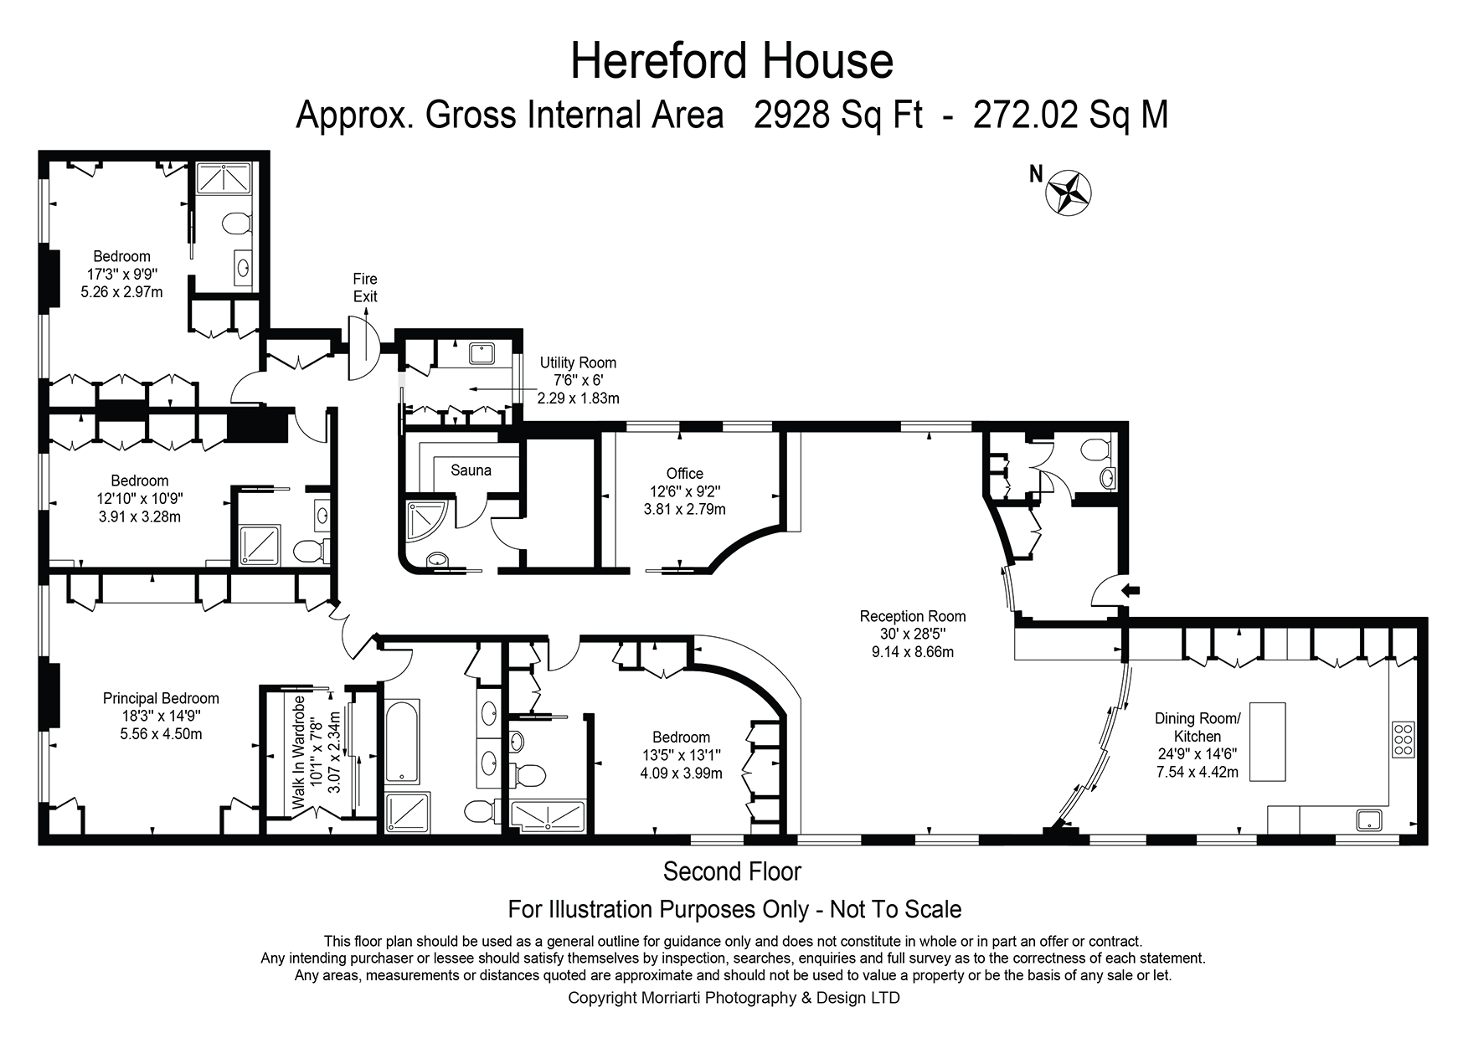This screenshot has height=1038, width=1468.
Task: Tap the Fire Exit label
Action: pyautogui.click(x=365, y=288)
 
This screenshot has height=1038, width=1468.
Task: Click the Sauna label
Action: pyautogui.click(x=471, y=470)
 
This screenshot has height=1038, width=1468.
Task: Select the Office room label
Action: pyautogui.click(x=684, y=474)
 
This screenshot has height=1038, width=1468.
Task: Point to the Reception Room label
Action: pyautogui.click(x=912, y=617)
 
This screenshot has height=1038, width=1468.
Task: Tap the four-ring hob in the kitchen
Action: pyautogui.click(x=1404, y=739)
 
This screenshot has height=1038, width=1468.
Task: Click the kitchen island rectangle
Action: pyautogui.click(x=1267, y=742)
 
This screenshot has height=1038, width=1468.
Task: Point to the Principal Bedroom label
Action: pyautogui.click(x=161, y=698)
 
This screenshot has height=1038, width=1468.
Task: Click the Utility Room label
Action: pyautogui.click(x=578, y=362)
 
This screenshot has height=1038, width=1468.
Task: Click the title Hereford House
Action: pyautogui.click(x=732, y=61)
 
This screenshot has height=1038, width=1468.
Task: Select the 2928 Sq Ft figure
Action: pyautogui.click(x=837, y=116)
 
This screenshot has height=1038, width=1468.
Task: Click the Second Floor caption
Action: pyautogui.click(x=732, y=871)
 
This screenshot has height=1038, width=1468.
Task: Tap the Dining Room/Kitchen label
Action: pyautogui.click(x=1197, y=727)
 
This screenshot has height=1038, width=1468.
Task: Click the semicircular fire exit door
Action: pyautogui.click(x=366, y=344)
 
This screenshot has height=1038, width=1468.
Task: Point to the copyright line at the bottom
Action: pyautogui.click(x=734, y=998)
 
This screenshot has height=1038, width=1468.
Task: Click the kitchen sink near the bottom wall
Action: pyautogui.click(x=1369, y=820)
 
